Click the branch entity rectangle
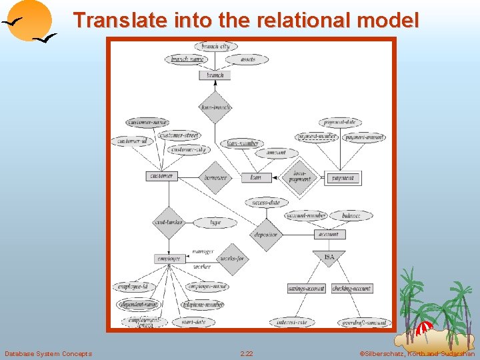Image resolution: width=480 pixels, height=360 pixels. [215, 75]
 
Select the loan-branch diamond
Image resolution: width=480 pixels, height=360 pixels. [215, 107]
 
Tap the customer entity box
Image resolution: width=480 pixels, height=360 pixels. [161, 176]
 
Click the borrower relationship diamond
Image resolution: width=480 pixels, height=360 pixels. [215, 177]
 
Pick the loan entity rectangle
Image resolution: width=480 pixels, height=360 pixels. [256, 177]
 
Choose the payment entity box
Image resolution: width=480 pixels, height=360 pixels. [343, 178]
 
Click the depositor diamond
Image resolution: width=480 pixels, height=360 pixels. [266, 235]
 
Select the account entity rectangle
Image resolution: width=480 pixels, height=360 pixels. [329, 234]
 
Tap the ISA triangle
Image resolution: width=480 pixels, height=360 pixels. [329, 256]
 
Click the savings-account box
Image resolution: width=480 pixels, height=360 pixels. [306, 289]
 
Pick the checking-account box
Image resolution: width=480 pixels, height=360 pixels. [351, 289]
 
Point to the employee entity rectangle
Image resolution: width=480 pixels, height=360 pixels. [169, 258]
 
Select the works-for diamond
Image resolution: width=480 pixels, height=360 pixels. [231, 258]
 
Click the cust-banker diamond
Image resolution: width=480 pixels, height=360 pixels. [169, 222]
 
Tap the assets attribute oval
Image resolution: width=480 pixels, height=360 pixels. [247, 59]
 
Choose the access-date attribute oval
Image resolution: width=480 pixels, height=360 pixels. [266, 202]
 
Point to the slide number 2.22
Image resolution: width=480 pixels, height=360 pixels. [247, 353]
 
